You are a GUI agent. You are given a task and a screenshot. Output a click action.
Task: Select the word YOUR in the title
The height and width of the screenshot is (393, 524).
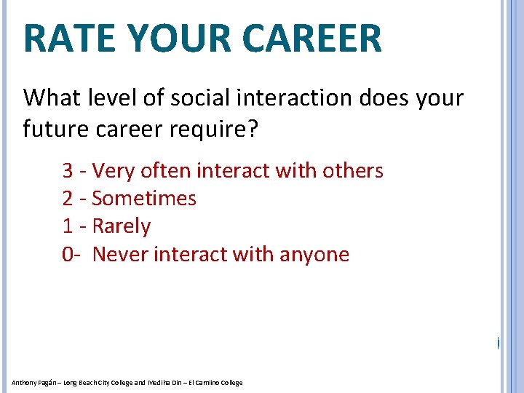[x=172, y=39]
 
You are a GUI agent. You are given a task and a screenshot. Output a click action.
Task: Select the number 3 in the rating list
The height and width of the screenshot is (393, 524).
[x=68, y=171]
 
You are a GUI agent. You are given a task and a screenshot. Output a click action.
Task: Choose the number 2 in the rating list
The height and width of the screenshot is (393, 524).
[x=68, y=199]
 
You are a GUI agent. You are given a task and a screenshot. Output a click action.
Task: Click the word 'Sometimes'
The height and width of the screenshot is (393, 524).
[x=144, y=199]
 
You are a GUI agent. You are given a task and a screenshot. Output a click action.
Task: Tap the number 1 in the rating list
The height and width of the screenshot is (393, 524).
[x=67, y=226]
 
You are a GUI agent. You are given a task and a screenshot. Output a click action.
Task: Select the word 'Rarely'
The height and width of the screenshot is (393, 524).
[x=122, y=226]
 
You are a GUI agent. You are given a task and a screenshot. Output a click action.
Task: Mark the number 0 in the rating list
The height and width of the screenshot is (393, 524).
[x=68, y=255]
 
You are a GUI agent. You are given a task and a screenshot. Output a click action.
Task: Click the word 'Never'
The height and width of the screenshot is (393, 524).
[x=120, y=255]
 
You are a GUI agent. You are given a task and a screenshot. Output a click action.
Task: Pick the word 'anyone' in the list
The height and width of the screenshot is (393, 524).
[x=317, y=255]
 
